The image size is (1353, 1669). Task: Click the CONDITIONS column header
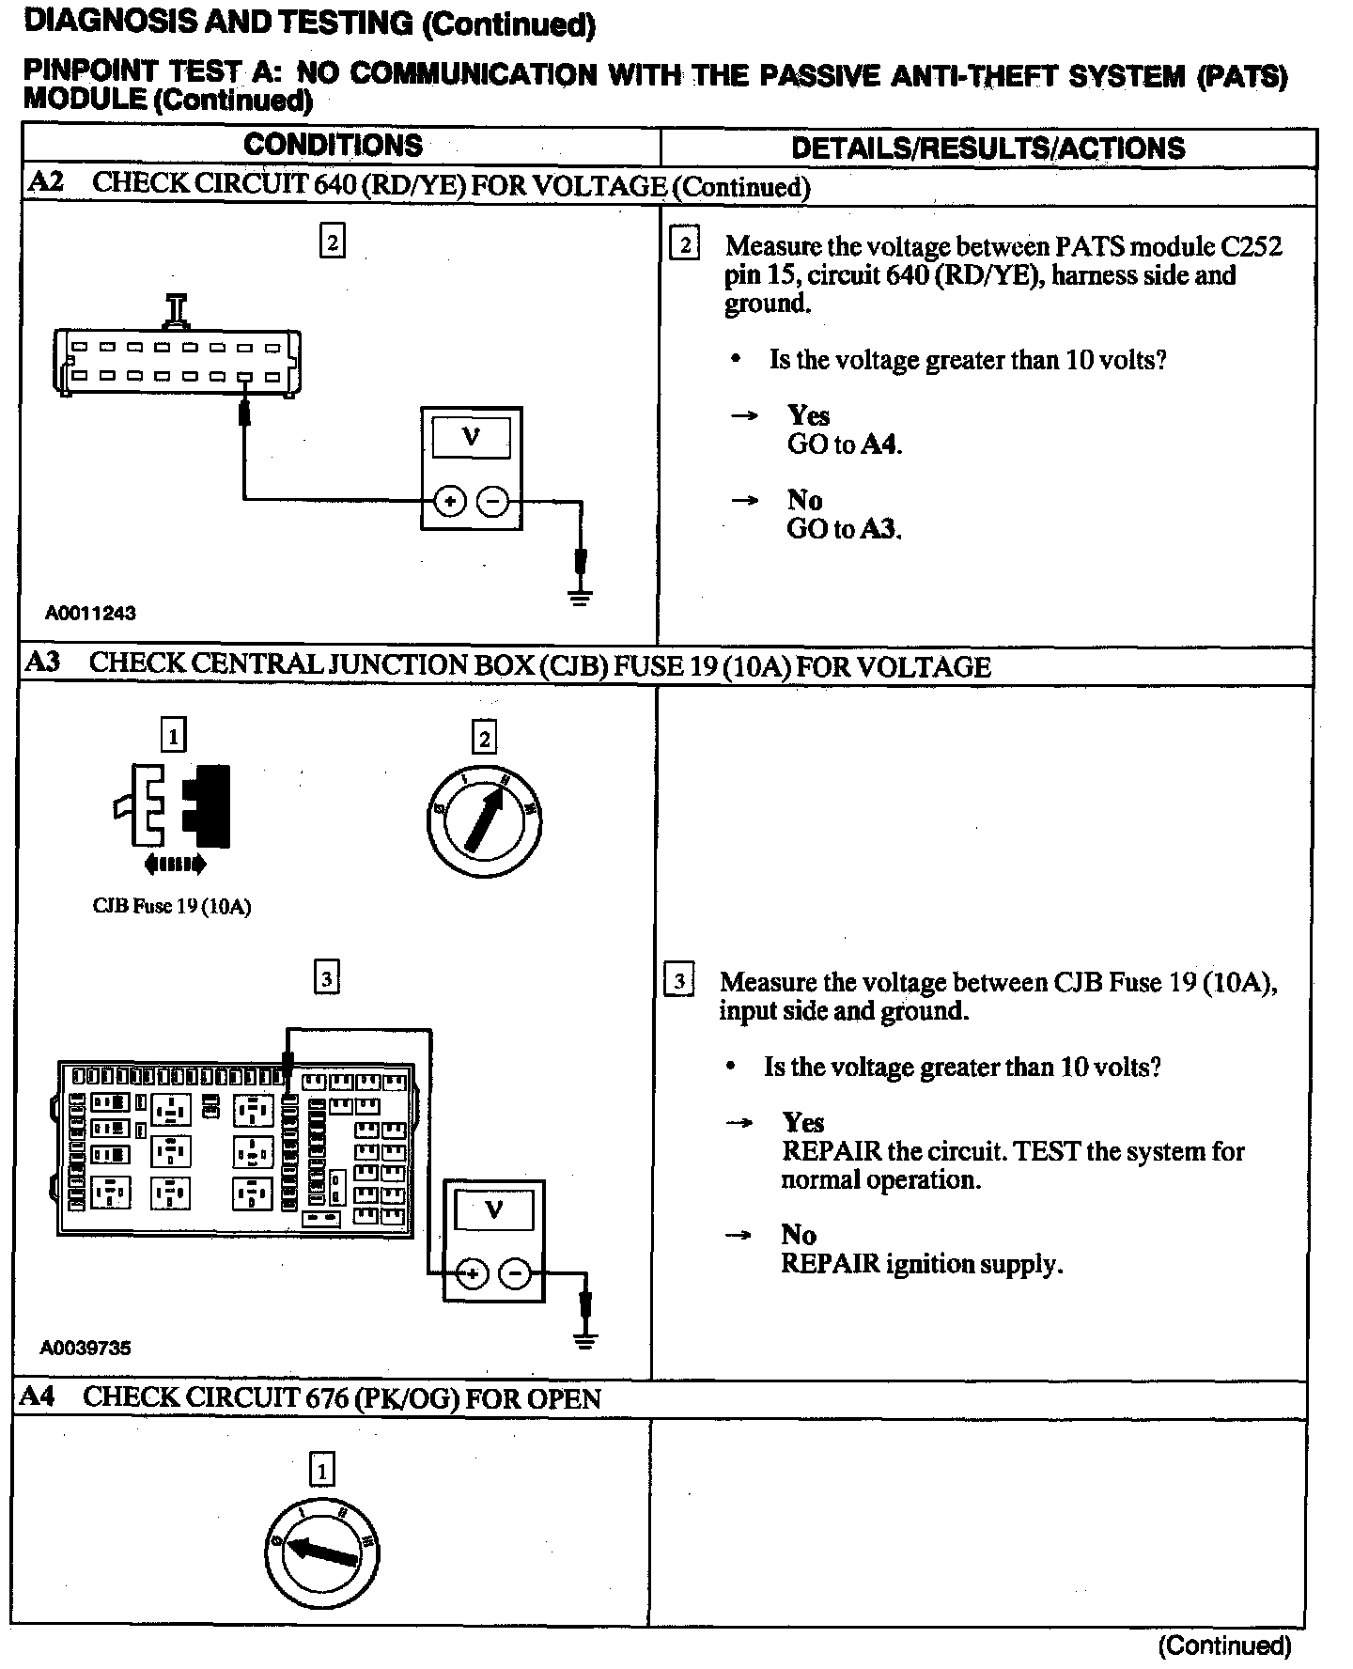(333, 146)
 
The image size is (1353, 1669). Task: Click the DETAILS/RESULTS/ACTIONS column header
(988, 148)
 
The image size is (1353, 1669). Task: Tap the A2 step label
(44, 182)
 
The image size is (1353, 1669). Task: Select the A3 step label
(41, 663)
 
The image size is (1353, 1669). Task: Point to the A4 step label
(38, 1396)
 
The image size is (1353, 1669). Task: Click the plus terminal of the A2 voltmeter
(450, 502)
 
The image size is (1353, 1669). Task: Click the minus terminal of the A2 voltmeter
(493, 502)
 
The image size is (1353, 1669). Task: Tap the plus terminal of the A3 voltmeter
(473, 1274)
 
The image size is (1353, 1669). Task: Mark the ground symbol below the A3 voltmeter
(585, 1338)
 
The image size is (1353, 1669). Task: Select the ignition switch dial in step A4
(321, 1552)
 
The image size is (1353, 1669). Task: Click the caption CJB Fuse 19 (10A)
(172, 907)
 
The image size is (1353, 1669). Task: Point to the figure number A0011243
(90, 614)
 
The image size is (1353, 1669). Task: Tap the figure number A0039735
(86, 1348)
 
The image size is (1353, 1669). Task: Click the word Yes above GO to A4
(808, 415)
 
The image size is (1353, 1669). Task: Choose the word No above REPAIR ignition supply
(798, 1235)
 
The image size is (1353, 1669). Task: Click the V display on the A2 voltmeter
(471, 437)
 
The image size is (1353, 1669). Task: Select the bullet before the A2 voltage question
(736, 360)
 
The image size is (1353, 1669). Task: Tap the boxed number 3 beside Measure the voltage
(679, 981)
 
